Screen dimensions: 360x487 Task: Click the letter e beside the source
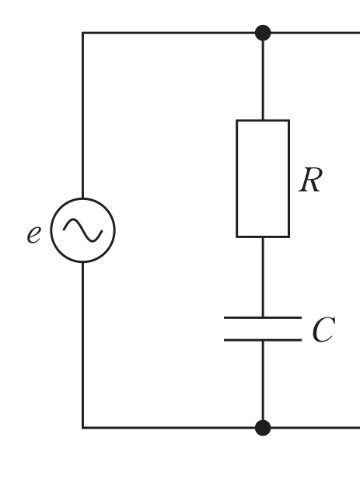(34, 234)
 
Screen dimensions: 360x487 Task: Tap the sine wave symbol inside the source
(83, 230)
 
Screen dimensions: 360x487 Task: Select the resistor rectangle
(236, 179)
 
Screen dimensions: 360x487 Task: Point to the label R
(310, 180)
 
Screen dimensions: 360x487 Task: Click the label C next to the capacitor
(323, 330)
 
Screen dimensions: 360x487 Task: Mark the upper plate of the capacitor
(263, 317)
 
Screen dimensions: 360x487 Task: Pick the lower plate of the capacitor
(263, 340)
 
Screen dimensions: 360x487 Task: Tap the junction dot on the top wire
(263, 33)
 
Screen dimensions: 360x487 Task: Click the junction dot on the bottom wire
(263, 428)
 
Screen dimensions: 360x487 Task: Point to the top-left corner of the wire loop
(83, 33)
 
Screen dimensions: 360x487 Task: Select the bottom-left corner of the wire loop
(83, 428)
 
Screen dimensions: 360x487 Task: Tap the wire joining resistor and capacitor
(263, 277)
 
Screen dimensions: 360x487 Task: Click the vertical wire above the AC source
(83, 115)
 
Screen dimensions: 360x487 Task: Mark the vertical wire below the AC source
(83, 345)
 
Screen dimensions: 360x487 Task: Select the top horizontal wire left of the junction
(169, 33)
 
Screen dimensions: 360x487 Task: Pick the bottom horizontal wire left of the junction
(169, 428)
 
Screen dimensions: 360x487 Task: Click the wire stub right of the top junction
(316, 33)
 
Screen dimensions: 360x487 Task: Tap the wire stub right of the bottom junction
(316, 428)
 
